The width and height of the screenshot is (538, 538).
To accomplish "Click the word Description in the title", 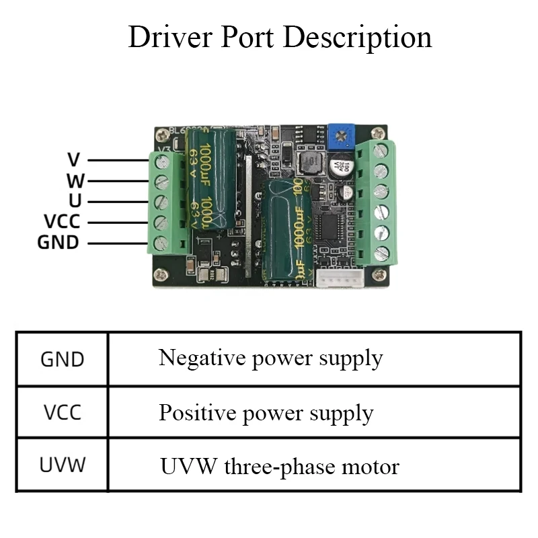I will pyautogui.click(x=357, y=37).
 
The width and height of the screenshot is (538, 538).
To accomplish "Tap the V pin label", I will pyautogui.click(x=74, y=160).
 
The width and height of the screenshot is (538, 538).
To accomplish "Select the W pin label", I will pyautogui.click(x=74, y=180).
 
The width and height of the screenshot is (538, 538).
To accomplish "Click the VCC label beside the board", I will pyautogui.click(x=62, y=221).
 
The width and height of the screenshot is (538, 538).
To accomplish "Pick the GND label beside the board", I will pyautogui.click(x=58, y=242).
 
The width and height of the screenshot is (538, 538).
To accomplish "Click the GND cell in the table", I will pyautogui.click(x=63, y=359).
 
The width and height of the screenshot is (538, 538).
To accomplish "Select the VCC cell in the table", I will pyautogui.click(x=63, y=412).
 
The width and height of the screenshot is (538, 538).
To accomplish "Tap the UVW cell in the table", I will pyautogui.click(x=63, y=465).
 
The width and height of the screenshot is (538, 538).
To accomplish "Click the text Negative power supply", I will pyautogui.click(x=270, y=358).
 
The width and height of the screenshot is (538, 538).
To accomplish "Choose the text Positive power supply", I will pyautogui.click(x=266, y=412).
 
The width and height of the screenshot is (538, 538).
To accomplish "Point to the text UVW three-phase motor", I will pyautogui.click(x=279, y=466).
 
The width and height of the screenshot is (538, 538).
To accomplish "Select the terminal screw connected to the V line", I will pyautogui.click(x=161, y=161).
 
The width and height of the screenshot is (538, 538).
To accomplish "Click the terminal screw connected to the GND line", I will pyautogui.click(x=161, y=243).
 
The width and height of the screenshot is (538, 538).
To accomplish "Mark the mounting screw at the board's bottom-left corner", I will pyautogui.click(x=161, y=274).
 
